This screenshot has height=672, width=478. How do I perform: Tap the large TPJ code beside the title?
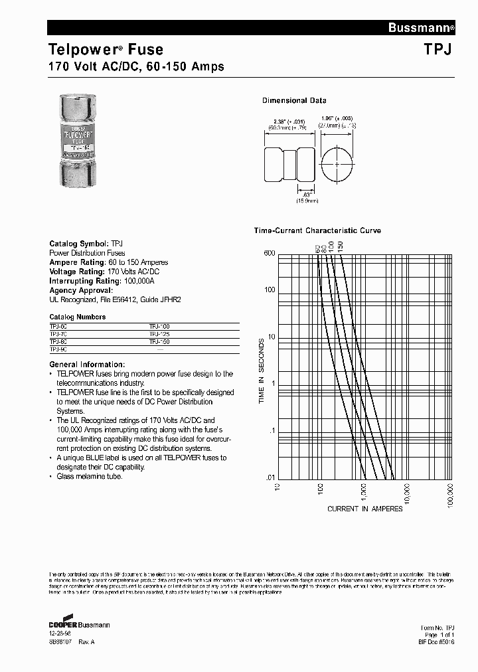click(438, 49)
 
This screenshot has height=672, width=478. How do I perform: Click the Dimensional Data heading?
click(294, 101)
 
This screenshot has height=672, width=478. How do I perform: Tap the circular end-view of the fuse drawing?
click(337, 163)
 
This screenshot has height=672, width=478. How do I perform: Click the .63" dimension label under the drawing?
click(289, 193)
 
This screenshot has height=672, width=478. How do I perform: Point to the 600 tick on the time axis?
click(268, 253)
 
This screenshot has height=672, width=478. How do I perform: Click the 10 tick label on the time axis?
click(271, 337)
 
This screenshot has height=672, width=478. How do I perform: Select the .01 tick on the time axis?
click(270, 478)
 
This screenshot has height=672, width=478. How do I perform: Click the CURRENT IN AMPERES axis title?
click(364, 509)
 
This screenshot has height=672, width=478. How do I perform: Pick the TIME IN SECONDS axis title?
click(262, 372)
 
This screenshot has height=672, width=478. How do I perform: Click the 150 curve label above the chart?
click(341, 245)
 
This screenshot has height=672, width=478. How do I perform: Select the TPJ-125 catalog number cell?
click(159, 334)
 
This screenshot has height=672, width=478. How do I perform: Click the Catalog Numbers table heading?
click(78, 317)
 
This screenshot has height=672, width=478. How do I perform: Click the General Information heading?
click(87, 365)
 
